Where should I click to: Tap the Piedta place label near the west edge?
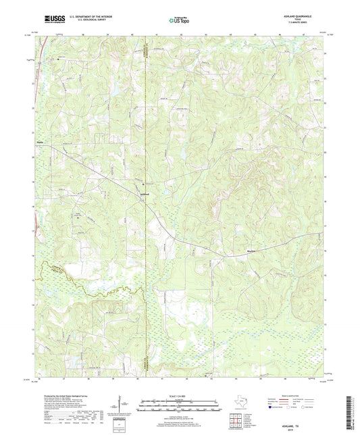(40, 143)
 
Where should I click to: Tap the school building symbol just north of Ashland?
(143, 184)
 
